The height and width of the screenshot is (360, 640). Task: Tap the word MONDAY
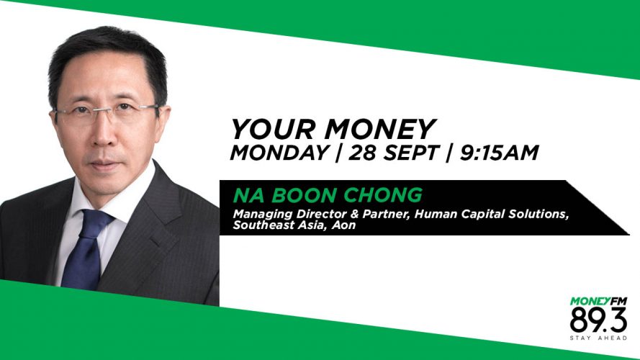point(280,153)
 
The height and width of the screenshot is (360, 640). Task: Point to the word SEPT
point(412,153)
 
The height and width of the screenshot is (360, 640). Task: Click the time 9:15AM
point(499,153)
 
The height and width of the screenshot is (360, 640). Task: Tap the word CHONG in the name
point(382,196)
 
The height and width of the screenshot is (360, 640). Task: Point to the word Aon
point(343,225)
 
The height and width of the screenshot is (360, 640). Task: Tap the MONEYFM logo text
point(598,302)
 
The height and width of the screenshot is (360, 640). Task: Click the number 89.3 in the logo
point(598,320)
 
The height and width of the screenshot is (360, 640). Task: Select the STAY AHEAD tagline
point(598,338)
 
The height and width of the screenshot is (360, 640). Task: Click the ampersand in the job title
point(354,215)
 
